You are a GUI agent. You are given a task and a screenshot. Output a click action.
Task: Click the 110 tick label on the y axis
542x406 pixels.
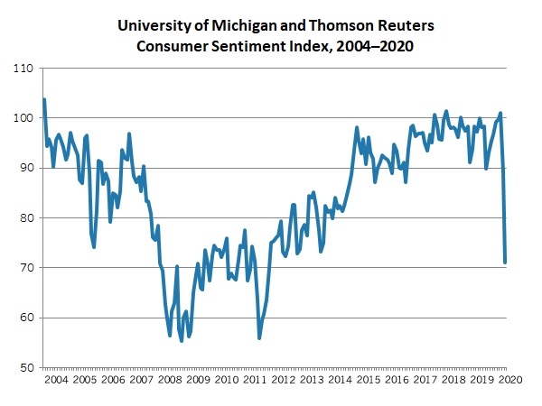(x=23, y=69)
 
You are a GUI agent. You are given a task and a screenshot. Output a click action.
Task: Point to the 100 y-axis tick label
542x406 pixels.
(x=23, y=118)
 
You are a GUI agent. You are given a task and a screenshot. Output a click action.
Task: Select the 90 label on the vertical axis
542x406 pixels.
(x=26, y=168)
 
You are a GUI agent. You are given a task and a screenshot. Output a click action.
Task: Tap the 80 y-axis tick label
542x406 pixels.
(x=26, y=218)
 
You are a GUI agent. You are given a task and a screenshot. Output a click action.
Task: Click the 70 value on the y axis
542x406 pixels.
(x=26, y=268)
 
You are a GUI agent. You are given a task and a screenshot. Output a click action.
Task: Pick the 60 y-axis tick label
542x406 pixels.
(x=26, y=318)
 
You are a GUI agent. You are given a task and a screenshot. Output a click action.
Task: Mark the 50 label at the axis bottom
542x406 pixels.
(x=26, y=368)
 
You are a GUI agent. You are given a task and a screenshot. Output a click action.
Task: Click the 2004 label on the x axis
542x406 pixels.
(x=56, y=382)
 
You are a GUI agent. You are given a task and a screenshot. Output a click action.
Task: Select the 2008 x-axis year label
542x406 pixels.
(x=169, y=382)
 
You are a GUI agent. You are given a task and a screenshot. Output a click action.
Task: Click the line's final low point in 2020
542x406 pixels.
(x=505, y=263)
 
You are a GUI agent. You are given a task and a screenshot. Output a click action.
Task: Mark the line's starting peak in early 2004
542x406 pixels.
(x=43, y=99)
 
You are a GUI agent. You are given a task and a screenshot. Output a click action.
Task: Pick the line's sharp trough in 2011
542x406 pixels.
(x=259, y=337)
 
